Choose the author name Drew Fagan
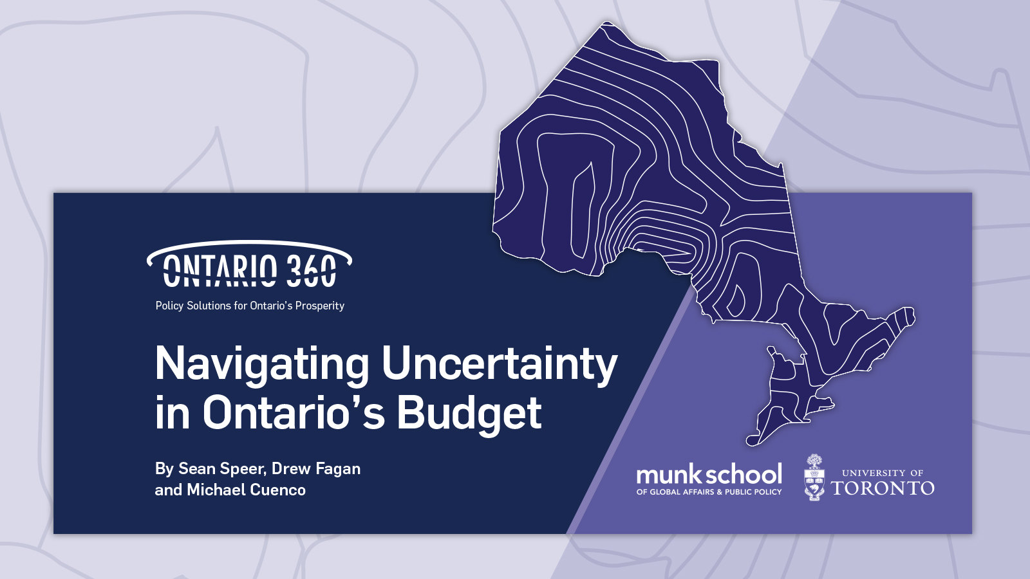(x=316, y=468)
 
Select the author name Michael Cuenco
(x=246, y=490)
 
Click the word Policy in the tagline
(x=169, y=306)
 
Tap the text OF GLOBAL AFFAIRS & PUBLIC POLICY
(x=709, y=492)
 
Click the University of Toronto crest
(x=814, y=477)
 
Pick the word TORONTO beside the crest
(x=883, y=488)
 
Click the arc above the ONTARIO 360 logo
(x=249, y=243)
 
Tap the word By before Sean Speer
(x=164, y=469)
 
